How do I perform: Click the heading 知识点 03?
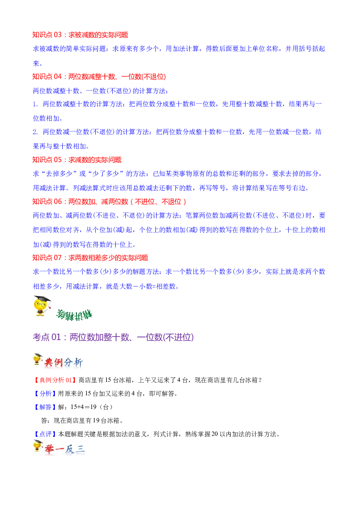[80, 35]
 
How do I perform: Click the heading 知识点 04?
[99, 77]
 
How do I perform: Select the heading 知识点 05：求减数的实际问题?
[77, 160]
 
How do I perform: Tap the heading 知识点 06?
[109, 202]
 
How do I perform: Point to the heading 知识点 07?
[90, 258]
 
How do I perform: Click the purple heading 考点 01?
[113, 337]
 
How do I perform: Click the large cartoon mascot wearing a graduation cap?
[42, 306]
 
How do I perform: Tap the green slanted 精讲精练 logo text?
[74, 314]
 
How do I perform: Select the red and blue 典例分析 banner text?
[64, 362]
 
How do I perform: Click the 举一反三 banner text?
[65, 449]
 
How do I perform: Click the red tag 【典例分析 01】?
[55, 380]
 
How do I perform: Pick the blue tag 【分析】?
[45, 394]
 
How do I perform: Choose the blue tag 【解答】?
[45, 407]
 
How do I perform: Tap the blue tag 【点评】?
[45, 435]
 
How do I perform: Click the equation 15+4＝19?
[84, 407]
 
